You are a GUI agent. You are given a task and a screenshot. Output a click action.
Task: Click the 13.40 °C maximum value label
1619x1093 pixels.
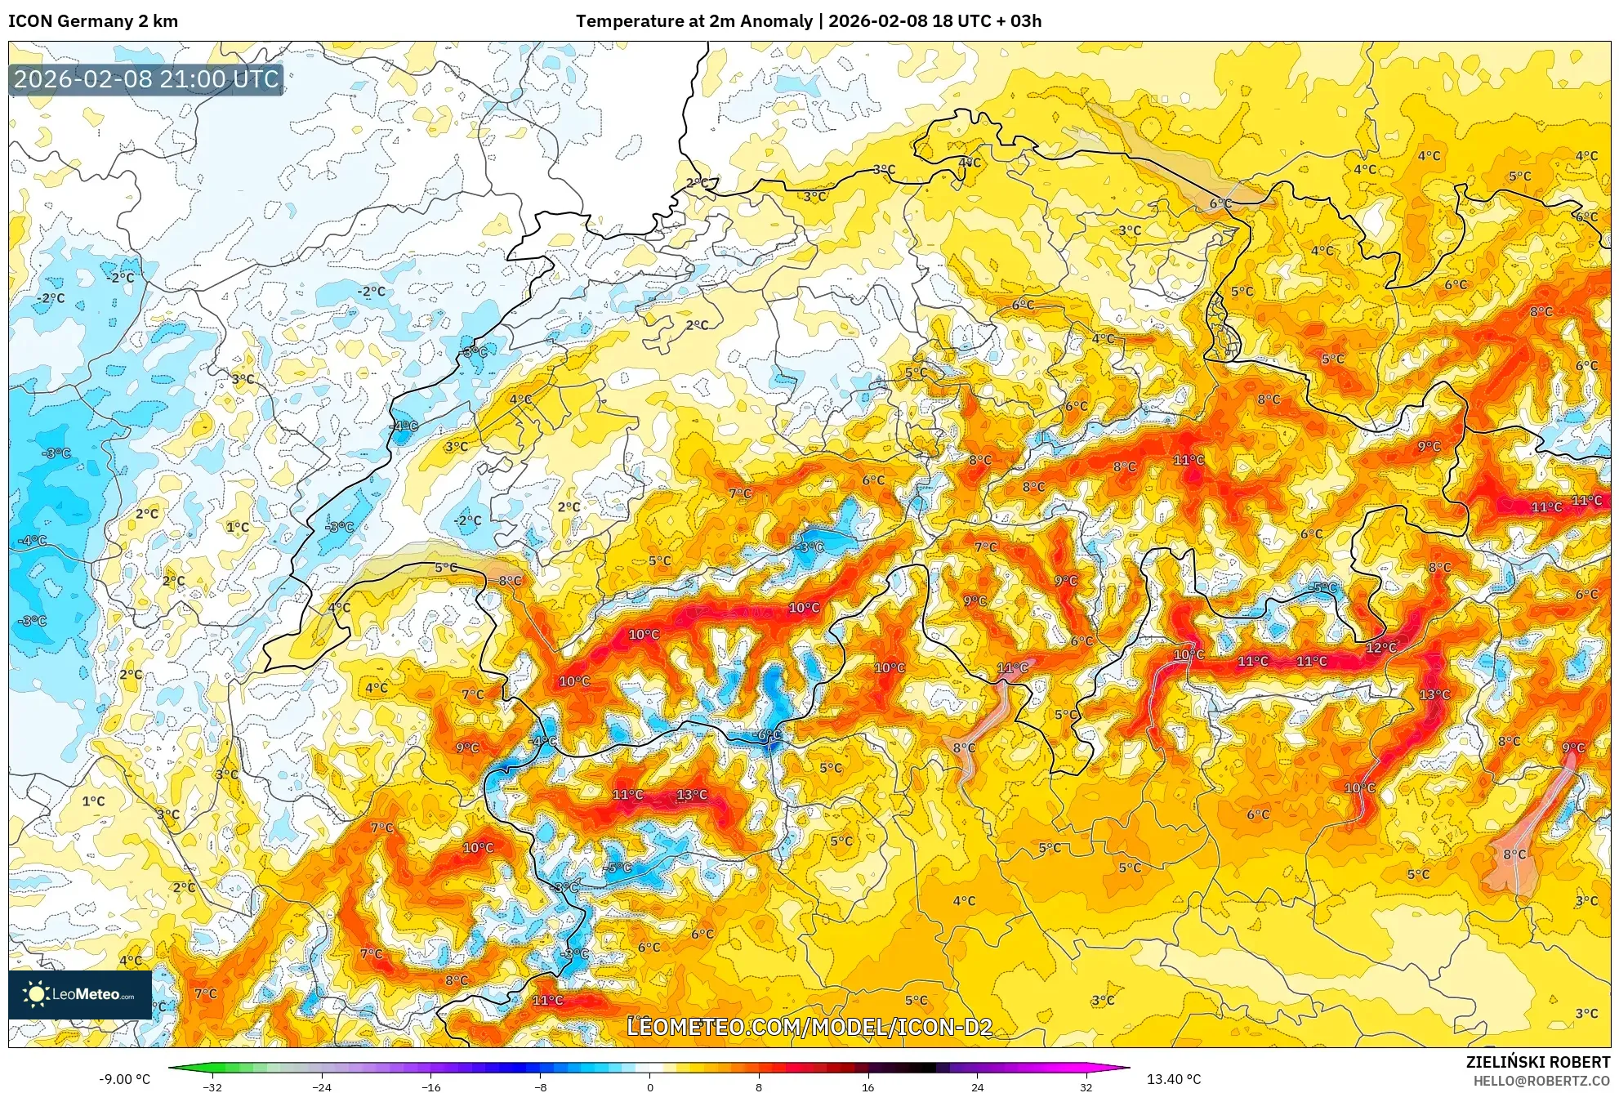click(x=1173, y=1079)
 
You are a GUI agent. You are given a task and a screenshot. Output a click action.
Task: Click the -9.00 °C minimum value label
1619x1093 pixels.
click(x=124, y=1079)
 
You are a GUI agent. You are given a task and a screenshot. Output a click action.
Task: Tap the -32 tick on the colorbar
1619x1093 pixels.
click(x=212, y=1086)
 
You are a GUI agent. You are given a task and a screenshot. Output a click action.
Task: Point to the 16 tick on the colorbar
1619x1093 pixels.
click(x=867, y=1086)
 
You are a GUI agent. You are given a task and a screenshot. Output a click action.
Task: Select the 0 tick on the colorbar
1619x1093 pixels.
click(x=650, y=1086)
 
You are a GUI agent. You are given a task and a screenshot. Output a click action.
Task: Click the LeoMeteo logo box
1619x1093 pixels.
click(x=80, y=994)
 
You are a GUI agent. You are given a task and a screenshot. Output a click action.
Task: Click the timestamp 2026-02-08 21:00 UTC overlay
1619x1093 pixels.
click(x=146, y=79)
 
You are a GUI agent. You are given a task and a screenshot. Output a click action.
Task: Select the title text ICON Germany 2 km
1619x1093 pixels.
click(x=93, y=21)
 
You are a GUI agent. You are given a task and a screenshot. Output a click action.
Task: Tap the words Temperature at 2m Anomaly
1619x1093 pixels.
click(x=694, y=21)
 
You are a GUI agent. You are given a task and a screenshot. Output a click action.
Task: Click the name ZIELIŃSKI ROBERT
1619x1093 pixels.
click(x=1537, y=1062)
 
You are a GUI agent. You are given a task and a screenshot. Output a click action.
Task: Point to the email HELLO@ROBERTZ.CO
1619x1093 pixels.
click(x=1541, y=1081)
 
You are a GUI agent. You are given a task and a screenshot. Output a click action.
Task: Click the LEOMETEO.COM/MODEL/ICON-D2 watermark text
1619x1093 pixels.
click(x=809, y=1027)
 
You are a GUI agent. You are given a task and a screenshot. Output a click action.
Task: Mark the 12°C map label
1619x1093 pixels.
click(x=1381, y=648)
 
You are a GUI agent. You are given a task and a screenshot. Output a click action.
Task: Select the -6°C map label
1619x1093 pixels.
click(x=767, y=734)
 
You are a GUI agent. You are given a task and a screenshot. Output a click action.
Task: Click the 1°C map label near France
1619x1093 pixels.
click(x=238, y=527)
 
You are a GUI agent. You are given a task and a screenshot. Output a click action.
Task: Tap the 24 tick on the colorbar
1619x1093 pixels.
click(x=977, y=1086)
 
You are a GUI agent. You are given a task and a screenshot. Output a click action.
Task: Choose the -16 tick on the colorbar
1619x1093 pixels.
click(x=430, y=1086)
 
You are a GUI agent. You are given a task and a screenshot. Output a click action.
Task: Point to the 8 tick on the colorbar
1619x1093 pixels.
click(x=759, y=1086)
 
